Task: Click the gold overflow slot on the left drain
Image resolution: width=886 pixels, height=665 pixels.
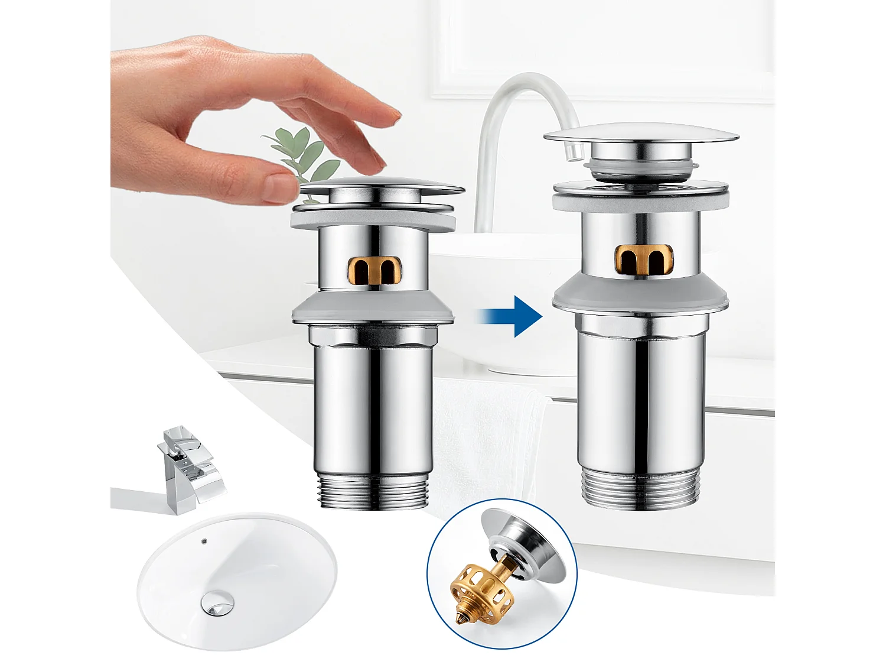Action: click(374, 271)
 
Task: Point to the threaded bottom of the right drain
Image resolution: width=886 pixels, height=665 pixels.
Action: click(640, 488)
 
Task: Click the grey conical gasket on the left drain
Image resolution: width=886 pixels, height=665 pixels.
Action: click(373, 309)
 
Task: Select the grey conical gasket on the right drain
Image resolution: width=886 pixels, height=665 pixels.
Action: click(640, 294)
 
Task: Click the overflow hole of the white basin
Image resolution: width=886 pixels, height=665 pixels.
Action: click(204, 540)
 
